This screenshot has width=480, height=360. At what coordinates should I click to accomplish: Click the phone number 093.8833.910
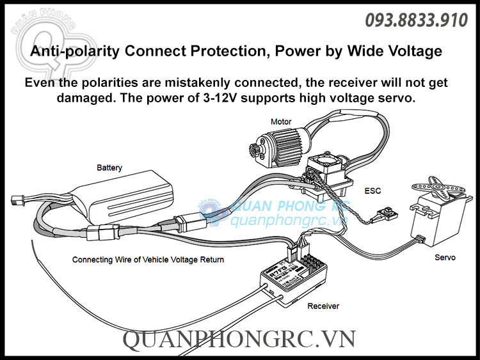click(416, 21)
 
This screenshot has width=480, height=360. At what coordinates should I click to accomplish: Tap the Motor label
click(281, 121)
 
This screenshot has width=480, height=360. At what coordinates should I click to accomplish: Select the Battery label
click(109, 168)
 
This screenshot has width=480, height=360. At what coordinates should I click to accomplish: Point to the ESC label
click(372, 191)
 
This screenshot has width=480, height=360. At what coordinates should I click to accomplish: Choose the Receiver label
click(323, 306)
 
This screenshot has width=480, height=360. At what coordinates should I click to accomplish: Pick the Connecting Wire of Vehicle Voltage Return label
click(148, 260)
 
